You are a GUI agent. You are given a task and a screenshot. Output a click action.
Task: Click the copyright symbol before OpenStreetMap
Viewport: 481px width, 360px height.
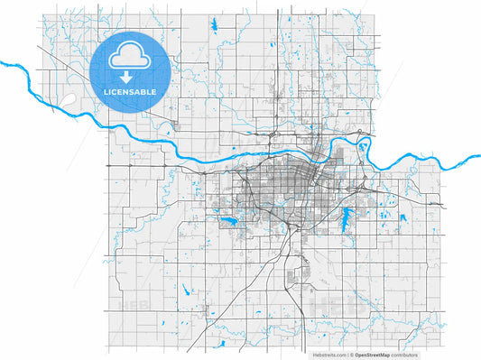353,355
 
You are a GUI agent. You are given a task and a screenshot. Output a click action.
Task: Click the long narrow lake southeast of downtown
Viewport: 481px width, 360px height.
347,217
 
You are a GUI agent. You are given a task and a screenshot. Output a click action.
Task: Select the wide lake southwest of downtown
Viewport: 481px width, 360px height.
228,220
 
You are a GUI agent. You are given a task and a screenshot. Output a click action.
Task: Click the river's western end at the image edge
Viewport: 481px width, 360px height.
3,63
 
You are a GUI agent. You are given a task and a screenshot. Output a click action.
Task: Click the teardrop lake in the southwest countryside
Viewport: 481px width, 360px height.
185,290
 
